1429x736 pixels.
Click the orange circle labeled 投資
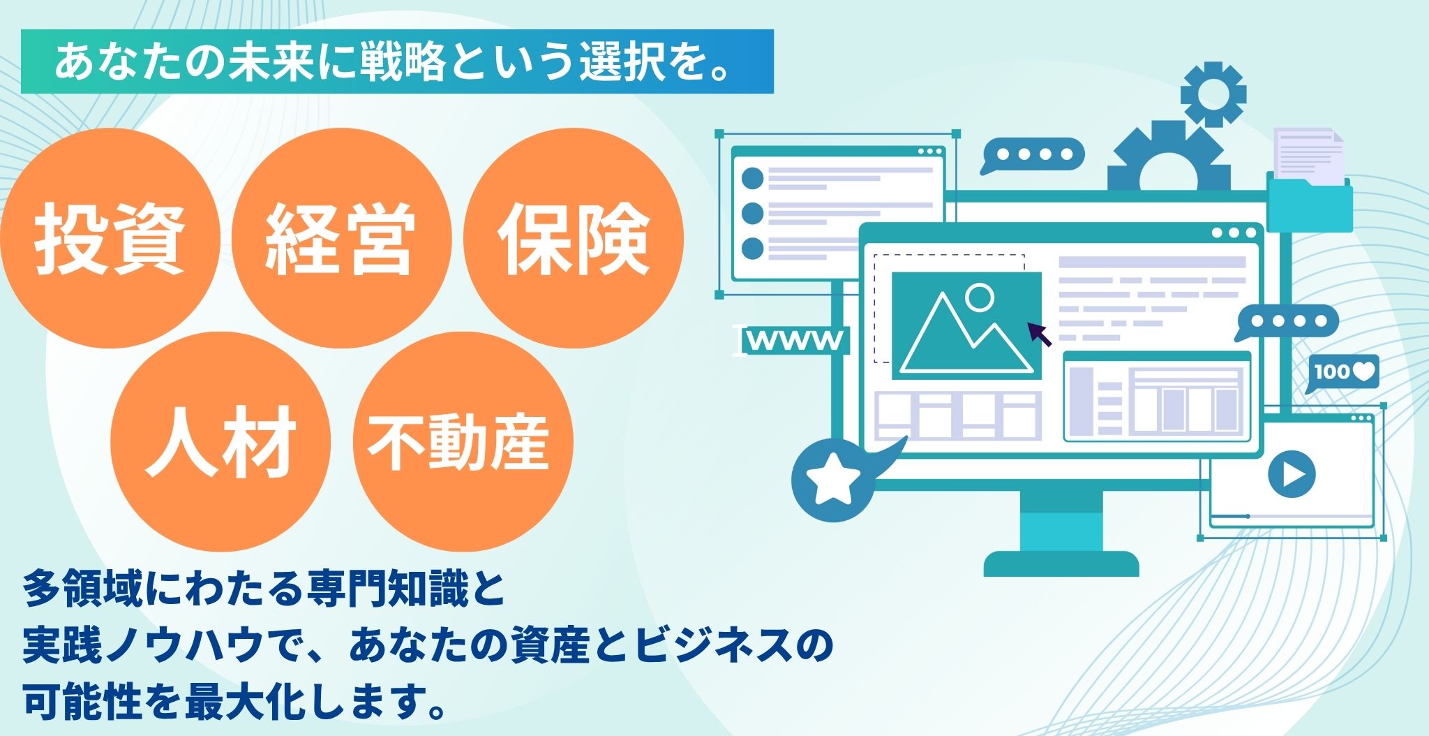pyautogui.click(x=110, y=238)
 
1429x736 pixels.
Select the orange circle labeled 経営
pyautogui.click(x=341, y=238)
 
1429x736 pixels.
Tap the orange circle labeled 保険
pyautogui.click(x=574, y=238)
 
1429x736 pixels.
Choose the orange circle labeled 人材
pyautogui.click(x=220, y=441)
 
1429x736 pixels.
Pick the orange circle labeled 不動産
pyautogui.click(x=463, y=441)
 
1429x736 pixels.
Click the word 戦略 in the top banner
pyautogui.click(x=401, y=62)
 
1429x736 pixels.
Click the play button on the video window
pyautogui.click(x=1292, y=475)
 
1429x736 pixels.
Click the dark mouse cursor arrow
pyautogui.click(x=1040, y=334)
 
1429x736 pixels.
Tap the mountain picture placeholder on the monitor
pyautogui.click(x=966, y=325)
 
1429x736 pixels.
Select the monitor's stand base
pyautogui.click(x=1061, y=564)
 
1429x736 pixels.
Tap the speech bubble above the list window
pyautogui.click(x=1032, y=155)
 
